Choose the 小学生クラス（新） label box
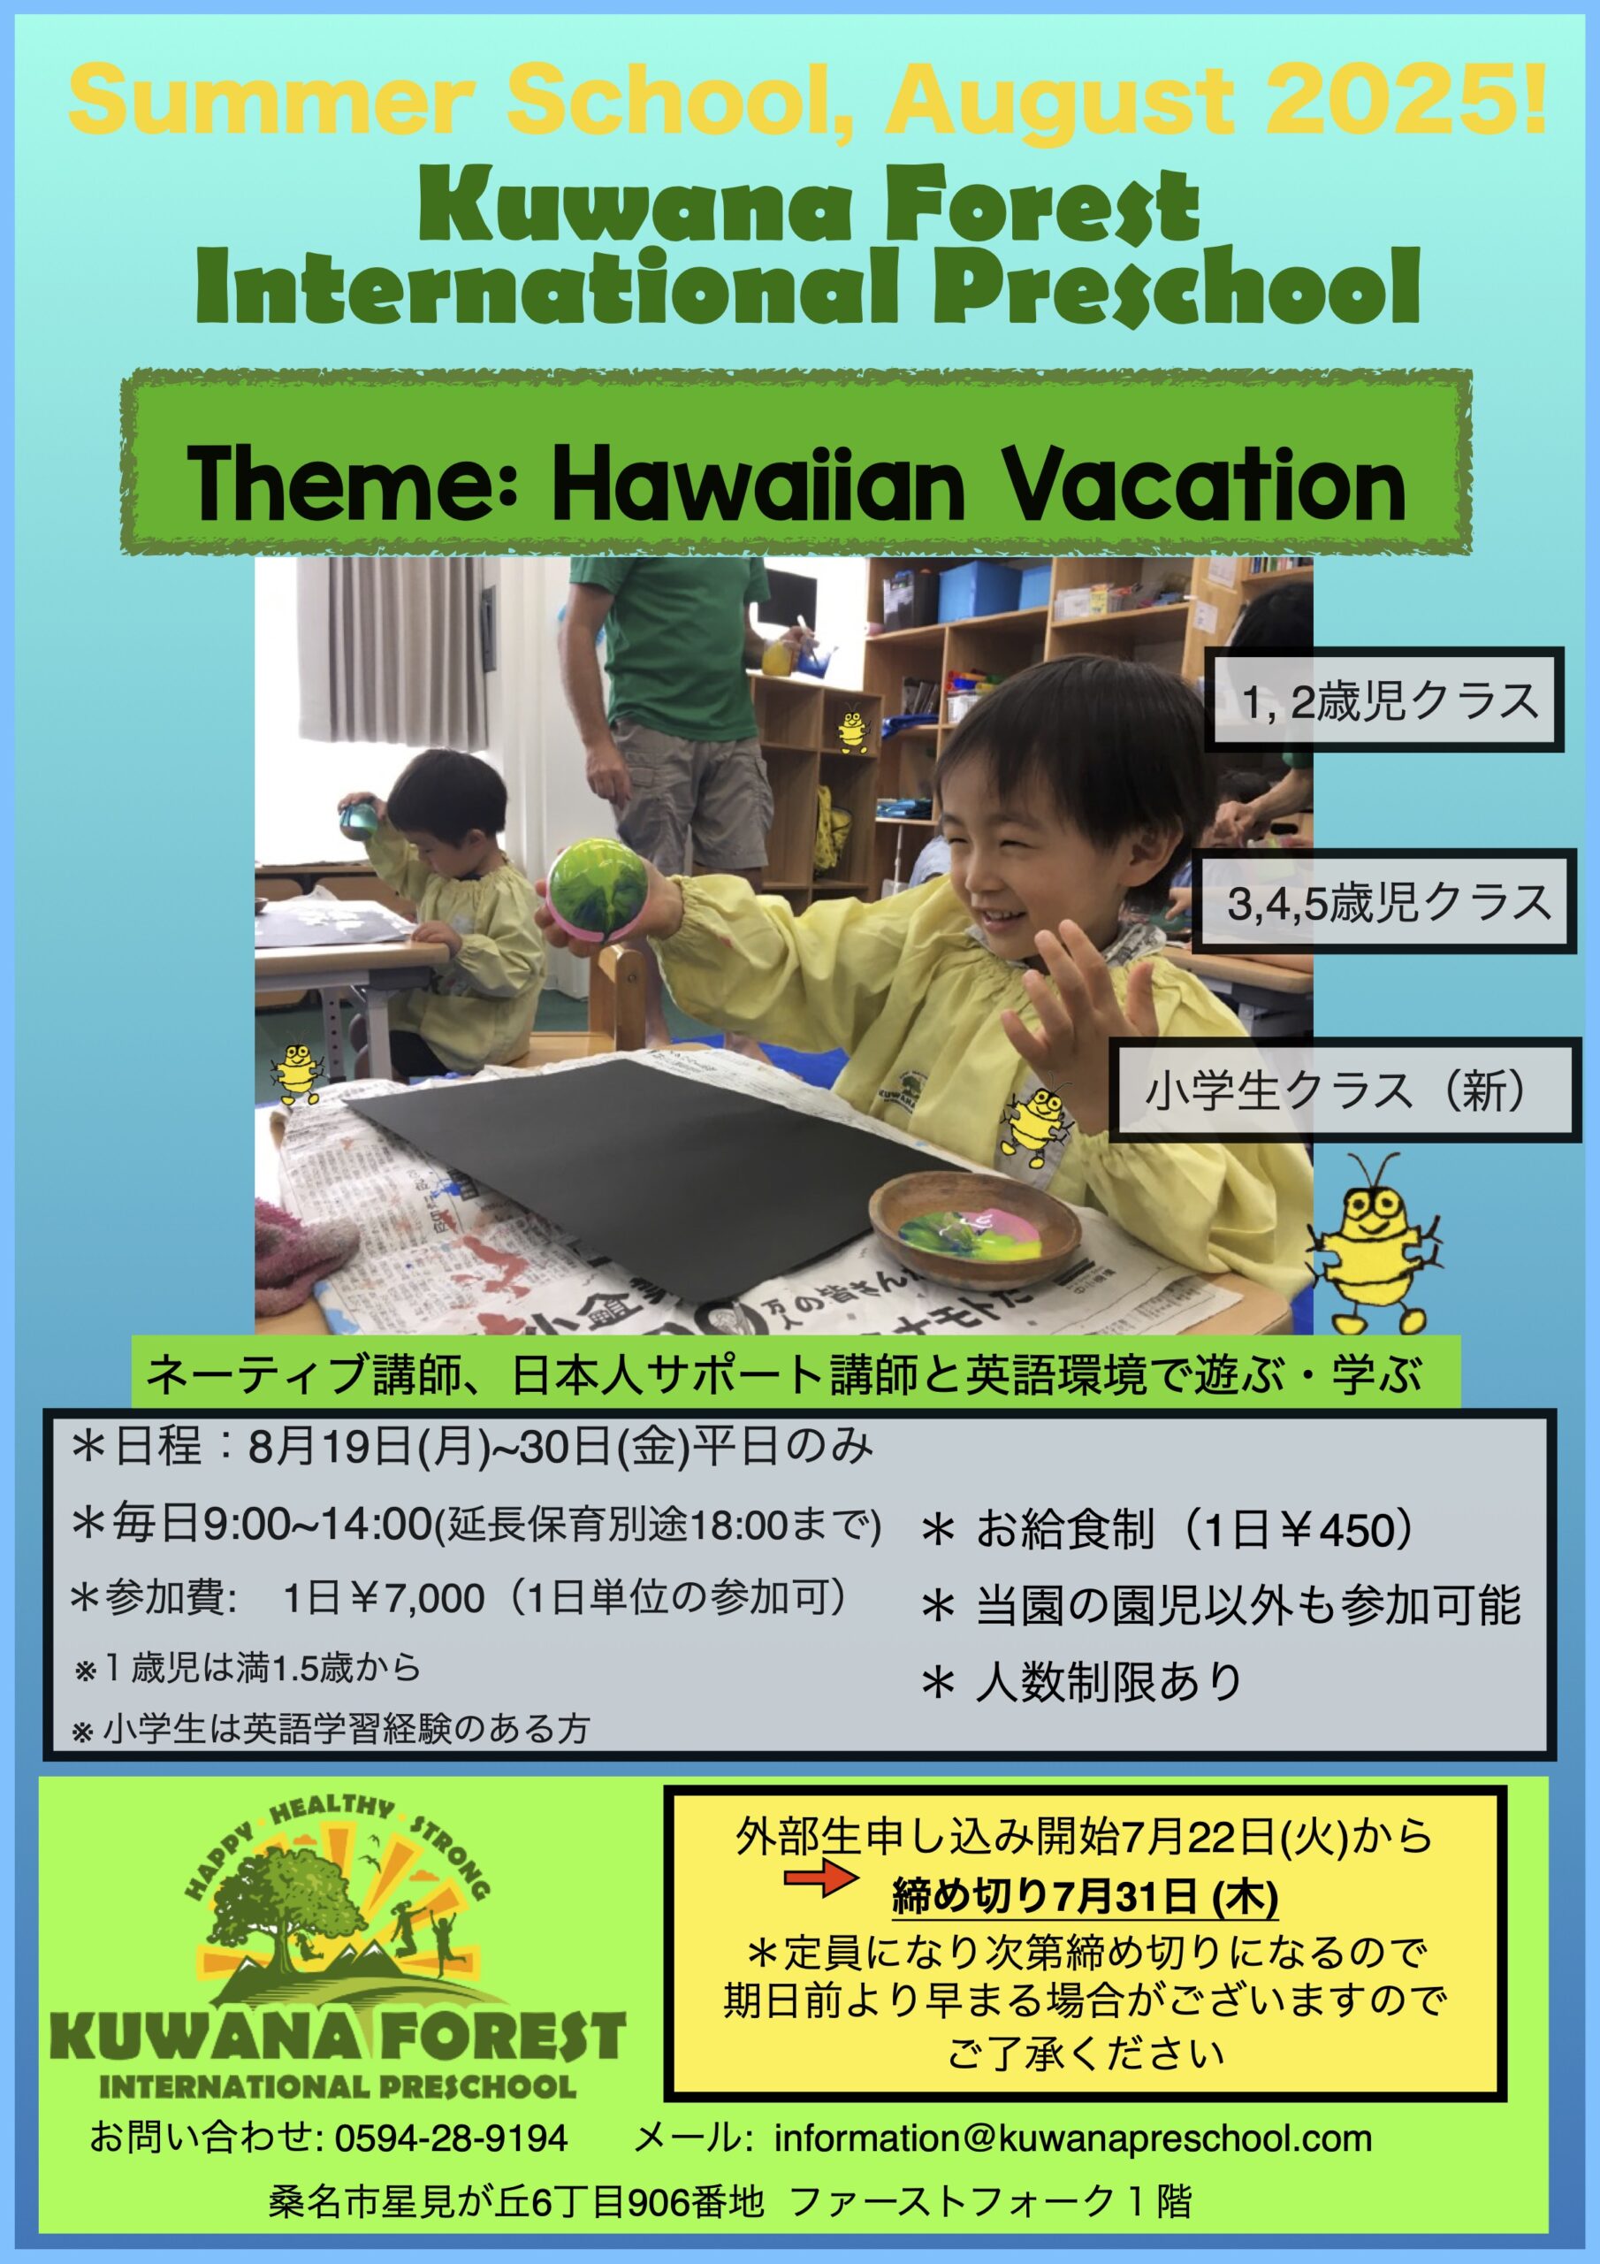1345,1090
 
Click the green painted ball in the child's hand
594,886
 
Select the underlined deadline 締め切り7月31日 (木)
1085,1896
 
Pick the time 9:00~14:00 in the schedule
318,1525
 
